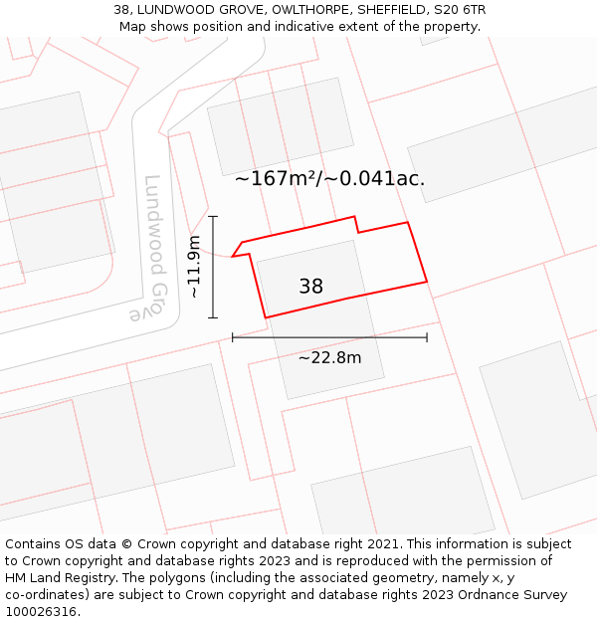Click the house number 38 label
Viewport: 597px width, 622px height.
(x=310, y=287)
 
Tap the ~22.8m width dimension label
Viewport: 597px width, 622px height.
(x=329, y=358)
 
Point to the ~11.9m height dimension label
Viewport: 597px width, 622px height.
(x=194, y=267)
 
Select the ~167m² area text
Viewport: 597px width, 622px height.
(x=275, y=179)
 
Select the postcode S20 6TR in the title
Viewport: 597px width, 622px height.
(x=460, y=10)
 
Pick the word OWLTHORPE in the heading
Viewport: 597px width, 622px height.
(x=298, y=10)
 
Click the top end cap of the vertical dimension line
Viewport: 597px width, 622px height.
(x=213, y=216)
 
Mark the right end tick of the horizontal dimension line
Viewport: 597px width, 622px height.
(x=427, y=337)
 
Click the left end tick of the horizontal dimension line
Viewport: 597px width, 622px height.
(x=233, y=337)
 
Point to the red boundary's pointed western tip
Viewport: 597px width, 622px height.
(x=233, y=257)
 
